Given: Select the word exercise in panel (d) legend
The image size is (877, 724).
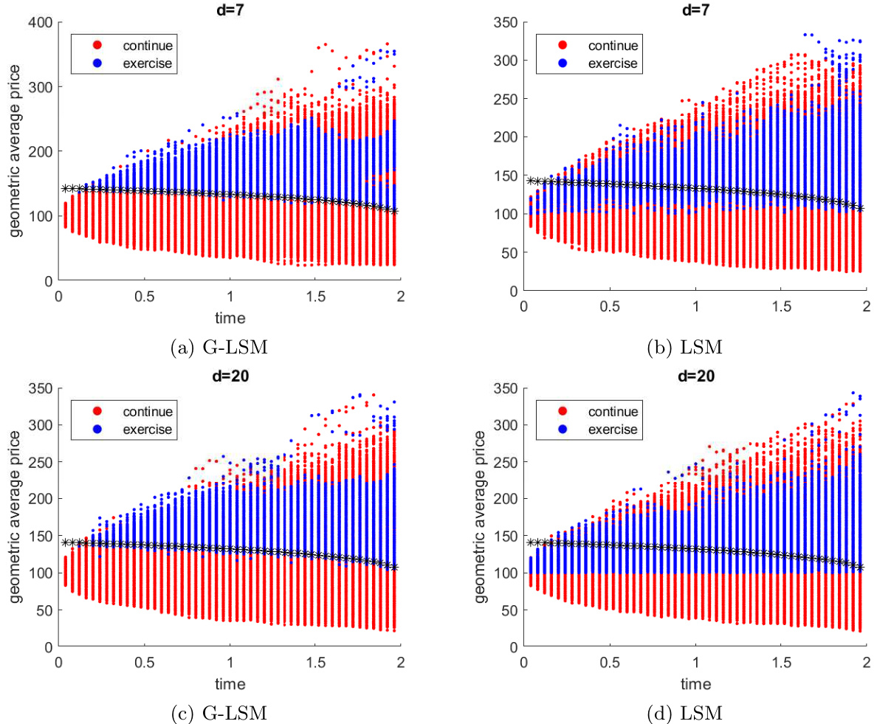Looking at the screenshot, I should coord(612,430).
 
